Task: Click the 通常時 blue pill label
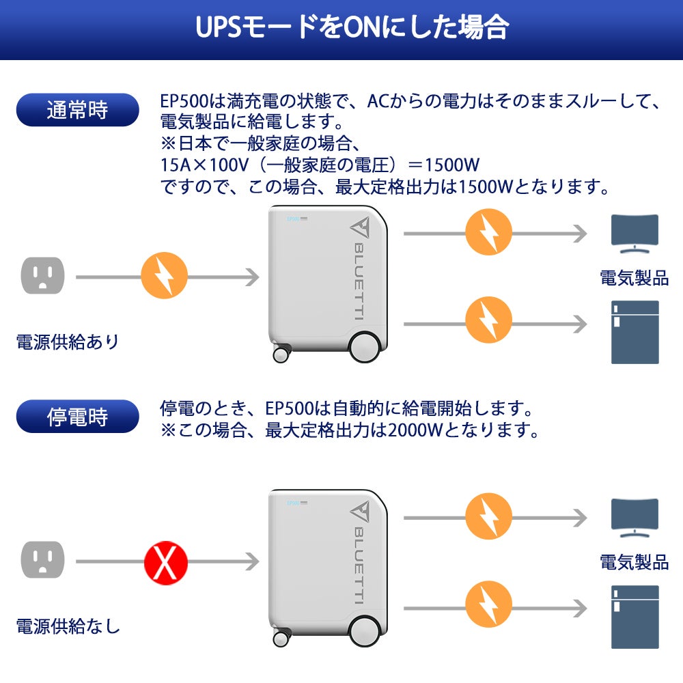coord(77,110)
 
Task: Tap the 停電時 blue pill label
coord(77,417)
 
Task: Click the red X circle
coord(165,562)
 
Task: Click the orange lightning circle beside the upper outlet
coord(164,277)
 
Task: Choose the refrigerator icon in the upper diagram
coord(635,333)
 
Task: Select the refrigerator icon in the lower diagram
coord(635,617)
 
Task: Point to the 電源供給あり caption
coord(67,341)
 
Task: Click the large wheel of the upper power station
coord(364,346)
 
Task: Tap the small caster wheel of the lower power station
coord(281,639)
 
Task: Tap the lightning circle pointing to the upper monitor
coord(488,233)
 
